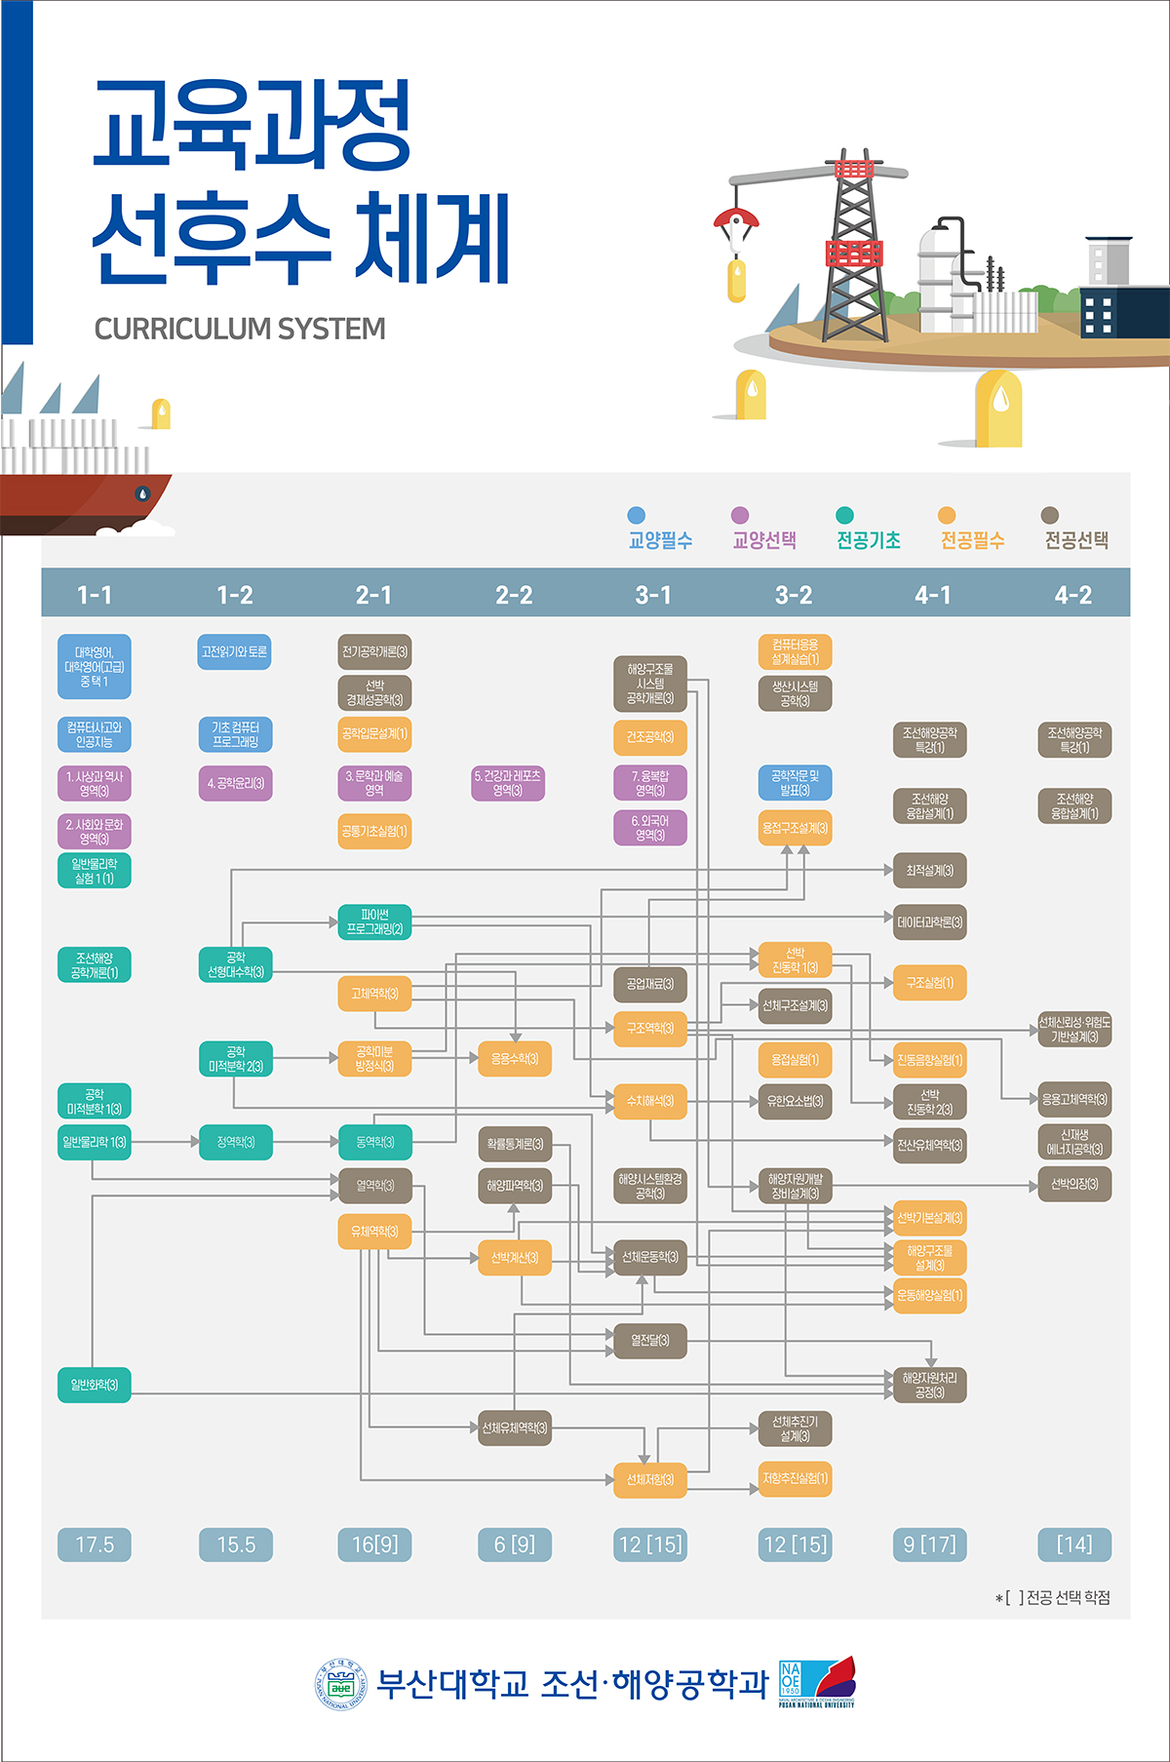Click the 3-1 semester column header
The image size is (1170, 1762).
(x=653, y=595)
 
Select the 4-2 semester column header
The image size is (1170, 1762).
(x=1072, y=595)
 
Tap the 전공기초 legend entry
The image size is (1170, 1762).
(x=868, y=539)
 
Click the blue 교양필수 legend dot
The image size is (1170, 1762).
(x=637, y=516)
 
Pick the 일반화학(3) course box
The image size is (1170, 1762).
(x=94, y=1385)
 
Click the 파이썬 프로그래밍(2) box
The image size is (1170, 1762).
(x=374, y=922)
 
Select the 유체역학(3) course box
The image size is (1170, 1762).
(x=374, y=1232)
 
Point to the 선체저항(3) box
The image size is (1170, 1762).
(x=650, y=1479)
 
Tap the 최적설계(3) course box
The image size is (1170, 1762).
(x=929, y=870)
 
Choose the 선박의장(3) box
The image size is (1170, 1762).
(x=1073, y=1185)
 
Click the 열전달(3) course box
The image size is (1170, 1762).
(x=650, y=1341)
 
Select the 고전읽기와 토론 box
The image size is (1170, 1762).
(x=234, y=652)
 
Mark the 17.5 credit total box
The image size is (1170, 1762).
(x=95, y=1545)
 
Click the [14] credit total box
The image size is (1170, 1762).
(x=1073, y=1545)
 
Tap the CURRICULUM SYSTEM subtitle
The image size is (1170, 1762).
(x=240, y=330)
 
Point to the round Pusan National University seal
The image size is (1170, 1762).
(x=339, y=1685)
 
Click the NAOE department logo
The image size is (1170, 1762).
(x=817, y=1681)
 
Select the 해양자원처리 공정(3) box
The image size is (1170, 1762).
(x=929, y=1386)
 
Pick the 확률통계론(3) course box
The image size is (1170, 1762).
(x=514, y=1144)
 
